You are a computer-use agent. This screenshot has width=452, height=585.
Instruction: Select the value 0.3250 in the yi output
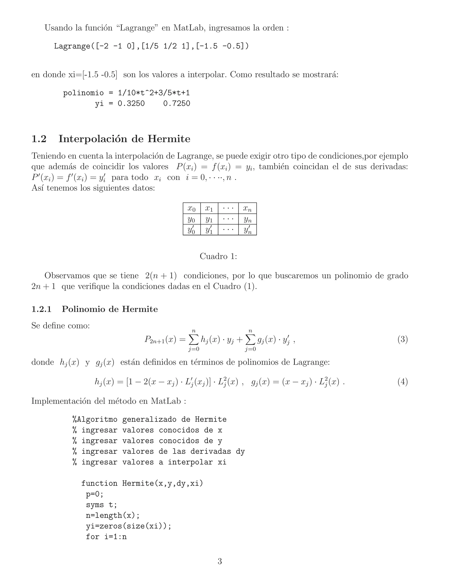131,103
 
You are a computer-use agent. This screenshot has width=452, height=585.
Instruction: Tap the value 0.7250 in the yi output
177,103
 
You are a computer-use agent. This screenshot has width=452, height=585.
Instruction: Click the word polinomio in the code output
83,93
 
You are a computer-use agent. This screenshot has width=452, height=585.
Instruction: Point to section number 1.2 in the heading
39,139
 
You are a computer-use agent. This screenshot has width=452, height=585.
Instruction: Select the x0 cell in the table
191,208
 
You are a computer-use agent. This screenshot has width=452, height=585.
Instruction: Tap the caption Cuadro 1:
218,256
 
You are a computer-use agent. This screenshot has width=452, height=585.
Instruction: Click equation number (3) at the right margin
403,340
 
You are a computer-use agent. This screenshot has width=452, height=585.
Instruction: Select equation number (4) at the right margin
403,382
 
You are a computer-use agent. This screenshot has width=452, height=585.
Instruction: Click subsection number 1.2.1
41,309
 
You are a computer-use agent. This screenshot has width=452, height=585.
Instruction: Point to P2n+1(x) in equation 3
160,340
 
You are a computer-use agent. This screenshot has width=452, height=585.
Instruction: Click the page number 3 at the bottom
220,561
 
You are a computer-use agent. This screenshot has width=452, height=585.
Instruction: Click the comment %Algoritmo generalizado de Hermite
149,419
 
